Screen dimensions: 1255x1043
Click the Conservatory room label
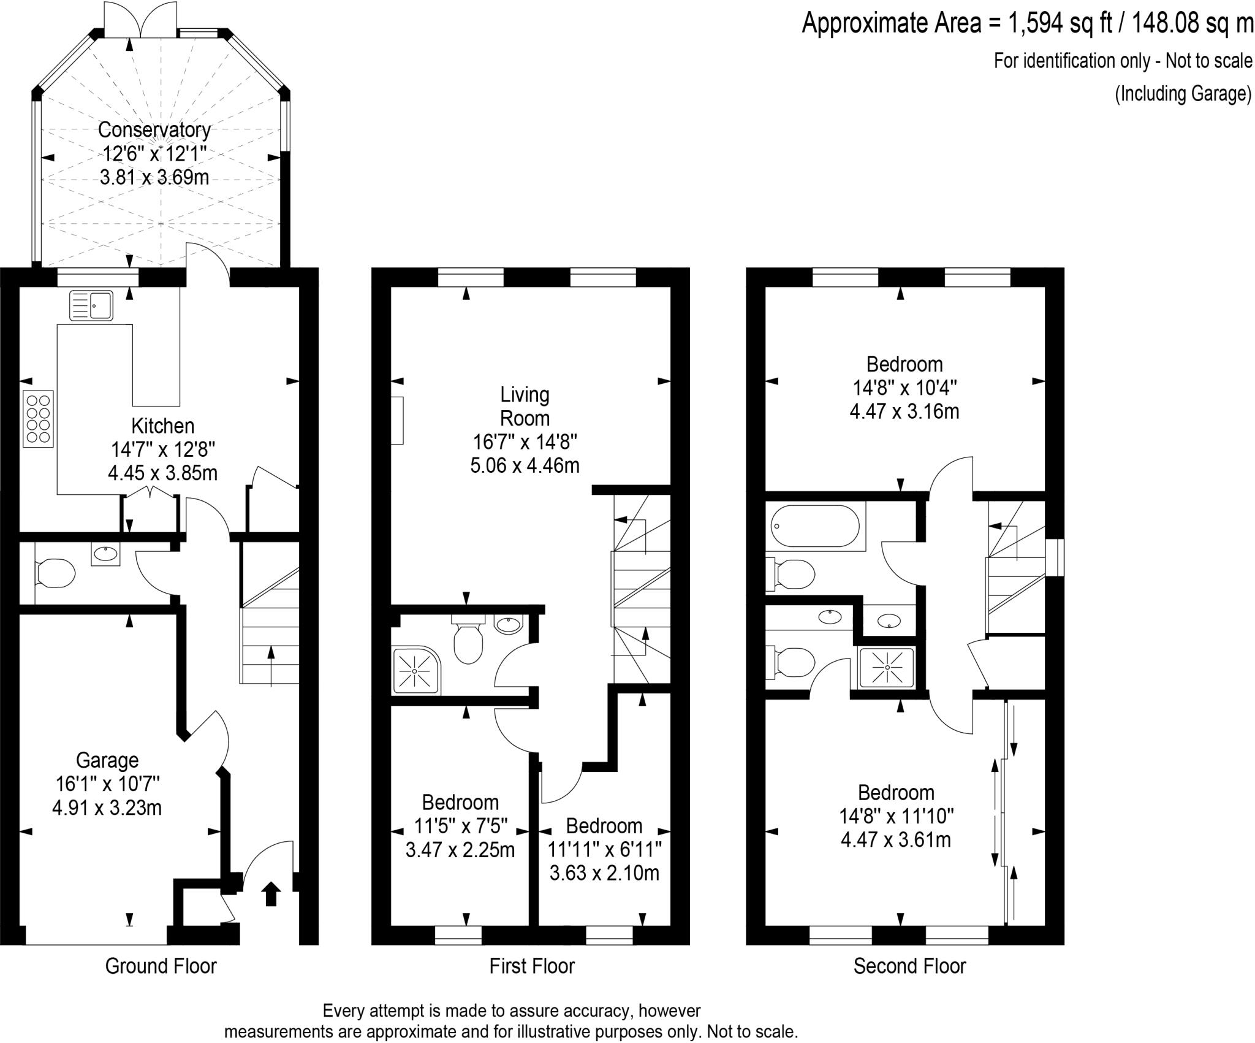(154, 130)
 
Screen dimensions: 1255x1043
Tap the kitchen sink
(91, 305)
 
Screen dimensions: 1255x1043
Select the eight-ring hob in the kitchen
(39, 419)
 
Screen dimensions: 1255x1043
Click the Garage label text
(107, 760)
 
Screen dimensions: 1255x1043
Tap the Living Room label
(525, 406)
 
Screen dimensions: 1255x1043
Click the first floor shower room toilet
(468, 639)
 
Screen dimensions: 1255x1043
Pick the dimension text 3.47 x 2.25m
(460, 850)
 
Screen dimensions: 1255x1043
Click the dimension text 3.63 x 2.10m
(604, 873)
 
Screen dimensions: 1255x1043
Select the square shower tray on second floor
(887, 668)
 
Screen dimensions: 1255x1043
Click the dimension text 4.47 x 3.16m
(904, 411)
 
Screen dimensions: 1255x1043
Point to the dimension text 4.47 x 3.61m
(896, 839)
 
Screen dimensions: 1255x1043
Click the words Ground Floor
(161, 966)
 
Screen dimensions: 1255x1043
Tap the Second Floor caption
(910, 966)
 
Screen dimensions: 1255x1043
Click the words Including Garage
(1183, 94)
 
